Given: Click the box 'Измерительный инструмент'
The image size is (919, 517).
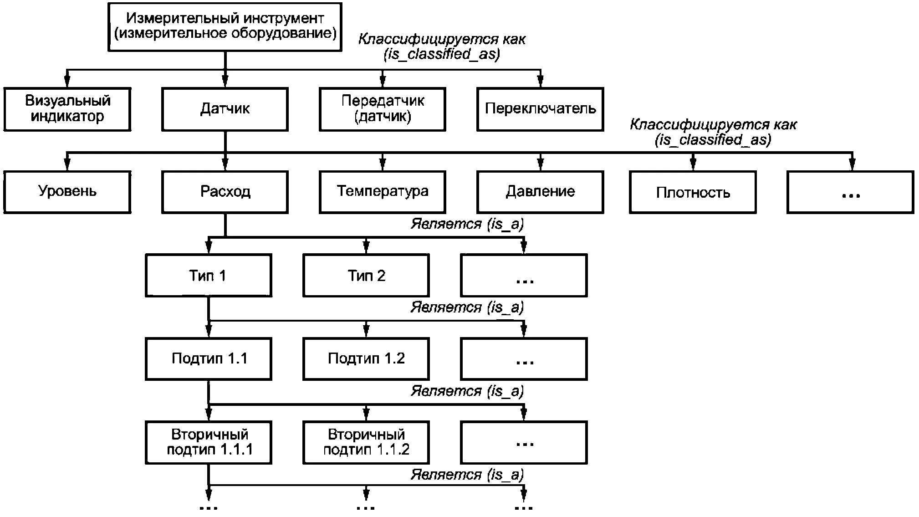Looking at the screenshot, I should pos(225,26).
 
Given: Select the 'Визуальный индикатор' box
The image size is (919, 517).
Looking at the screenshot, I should pos(67,109).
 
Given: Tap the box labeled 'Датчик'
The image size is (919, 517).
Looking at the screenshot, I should pos(225,109).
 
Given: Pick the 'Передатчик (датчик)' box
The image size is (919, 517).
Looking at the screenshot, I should pos(383,109).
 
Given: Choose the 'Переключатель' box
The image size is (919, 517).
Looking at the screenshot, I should pos(540,109).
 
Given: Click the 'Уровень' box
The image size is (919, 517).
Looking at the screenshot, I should pos(67,191).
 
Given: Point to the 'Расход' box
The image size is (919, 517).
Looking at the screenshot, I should pos(225,191).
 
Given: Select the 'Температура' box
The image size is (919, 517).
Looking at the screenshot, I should pos(383,191).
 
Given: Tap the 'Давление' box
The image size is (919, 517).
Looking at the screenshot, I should pos(540,191).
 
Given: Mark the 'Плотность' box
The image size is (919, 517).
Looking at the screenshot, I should pos(693,192).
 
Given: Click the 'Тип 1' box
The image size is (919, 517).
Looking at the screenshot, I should pos(208,276).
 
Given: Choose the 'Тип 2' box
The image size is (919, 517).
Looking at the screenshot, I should pos(366,276).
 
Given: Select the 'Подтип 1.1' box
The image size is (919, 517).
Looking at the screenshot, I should pos(208,359).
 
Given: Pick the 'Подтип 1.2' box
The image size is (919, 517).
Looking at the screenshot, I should pos(366,359).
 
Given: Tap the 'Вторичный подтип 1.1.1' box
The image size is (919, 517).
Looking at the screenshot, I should pos(208,442).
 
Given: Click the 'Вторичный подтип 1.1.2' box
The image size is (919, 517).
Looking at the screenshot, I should pos(366,442).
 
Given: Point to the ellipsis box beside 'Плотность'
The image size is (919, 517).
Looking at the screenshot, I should pos(850,192).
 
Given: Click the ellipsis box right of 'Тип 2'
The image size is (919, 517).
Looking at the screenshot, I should pos(524,276).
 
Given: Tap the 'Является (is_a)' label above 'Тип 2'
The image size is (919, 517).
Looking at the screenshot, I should pos(467,224).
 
